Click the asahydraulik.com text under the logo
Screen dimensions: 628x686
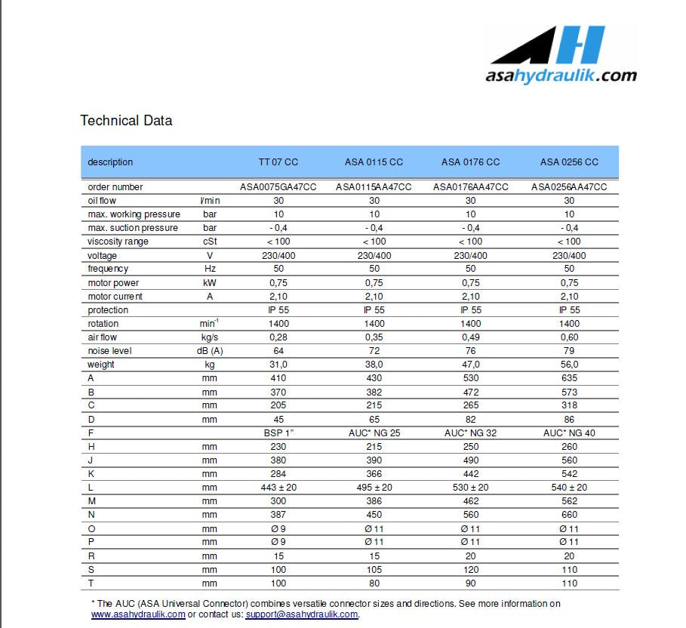561,75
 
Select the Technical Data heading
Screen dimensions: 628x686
126,121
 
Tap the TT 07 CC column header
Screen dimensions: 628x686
278,162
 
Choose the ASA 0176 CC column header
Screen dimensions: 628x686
470,162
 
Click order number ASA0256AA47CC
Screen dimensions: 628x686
569,187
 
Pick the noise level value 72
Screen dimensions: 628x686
374,351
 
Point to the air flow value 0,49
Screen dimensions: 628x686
470,337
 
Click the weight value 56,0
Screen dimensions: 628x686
569,365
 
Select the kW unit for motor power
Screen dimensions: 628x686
210,283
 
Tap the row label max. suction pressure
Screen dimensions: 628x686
133,228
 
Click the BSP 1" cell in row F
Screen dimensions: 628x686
278,433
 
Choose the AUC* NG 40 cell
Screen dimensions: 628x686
569,433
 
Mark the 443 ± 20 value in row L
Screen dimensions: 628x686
278,488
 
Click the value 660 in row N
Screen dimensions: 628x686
569,515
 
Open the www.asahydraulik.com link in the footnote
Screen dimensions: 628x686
138,614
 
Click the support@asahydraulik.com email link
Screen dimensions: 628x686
301,614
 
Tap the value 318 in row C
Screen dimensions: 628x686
569,406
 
